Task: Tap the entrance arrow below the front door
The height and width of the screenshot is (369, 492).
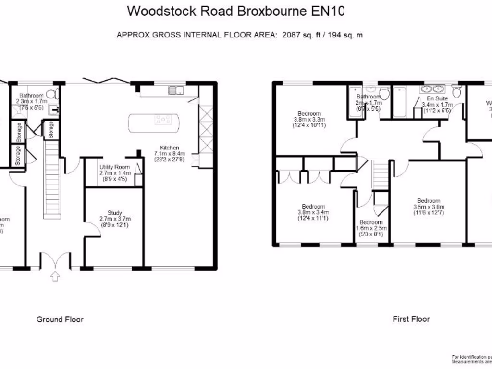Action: (55, 276)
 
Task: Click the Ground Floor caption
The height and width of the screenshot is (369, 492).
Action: (60, 320)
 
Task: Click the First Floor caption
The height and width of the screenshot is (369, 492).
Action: (411, 319)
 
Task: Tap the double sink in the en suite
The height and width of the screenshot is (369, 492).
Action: (432, 89)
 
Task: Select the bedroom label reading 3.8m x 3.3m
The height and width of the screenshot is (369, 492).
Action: (309, 120)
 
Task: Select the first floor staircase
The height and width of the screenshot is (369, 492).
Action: (381, 175)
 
